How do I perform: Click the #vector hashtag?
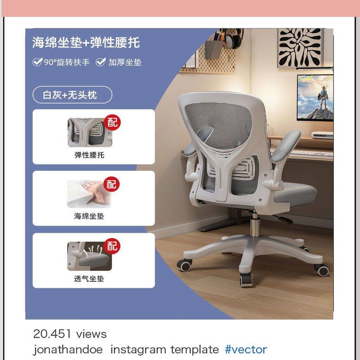click(246, 349)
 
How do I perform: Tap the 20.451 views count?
click(70, 334)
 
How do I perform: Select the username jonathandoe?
click(68, 350)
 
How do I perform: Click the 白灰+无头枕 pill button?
click(72, 95)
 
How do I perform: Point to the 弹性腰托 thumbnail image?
click(90, 133)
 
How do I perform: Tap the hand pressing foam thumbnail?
click(89, 194)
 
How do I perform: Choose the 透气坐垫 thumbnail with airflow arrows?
click(90, 256)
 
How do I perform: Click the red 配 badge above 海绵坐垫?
click(111, 184)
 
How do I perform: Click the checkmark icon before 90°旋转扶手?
click(37, 62)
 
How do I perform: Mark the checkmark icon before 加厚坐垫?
click(101, 62)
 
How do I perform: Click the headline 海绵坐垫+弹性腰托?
click(86, 43)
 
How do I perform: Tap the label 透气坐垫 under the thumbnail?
click(89, 279)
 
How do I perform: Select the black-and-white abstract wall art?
click(300, 48)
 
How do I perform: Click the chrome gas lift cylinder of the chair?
click(254, 225)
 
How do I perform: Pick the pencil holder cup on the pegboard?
click(213, 49)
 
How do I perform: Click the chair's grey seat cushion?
click(296, 195)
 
